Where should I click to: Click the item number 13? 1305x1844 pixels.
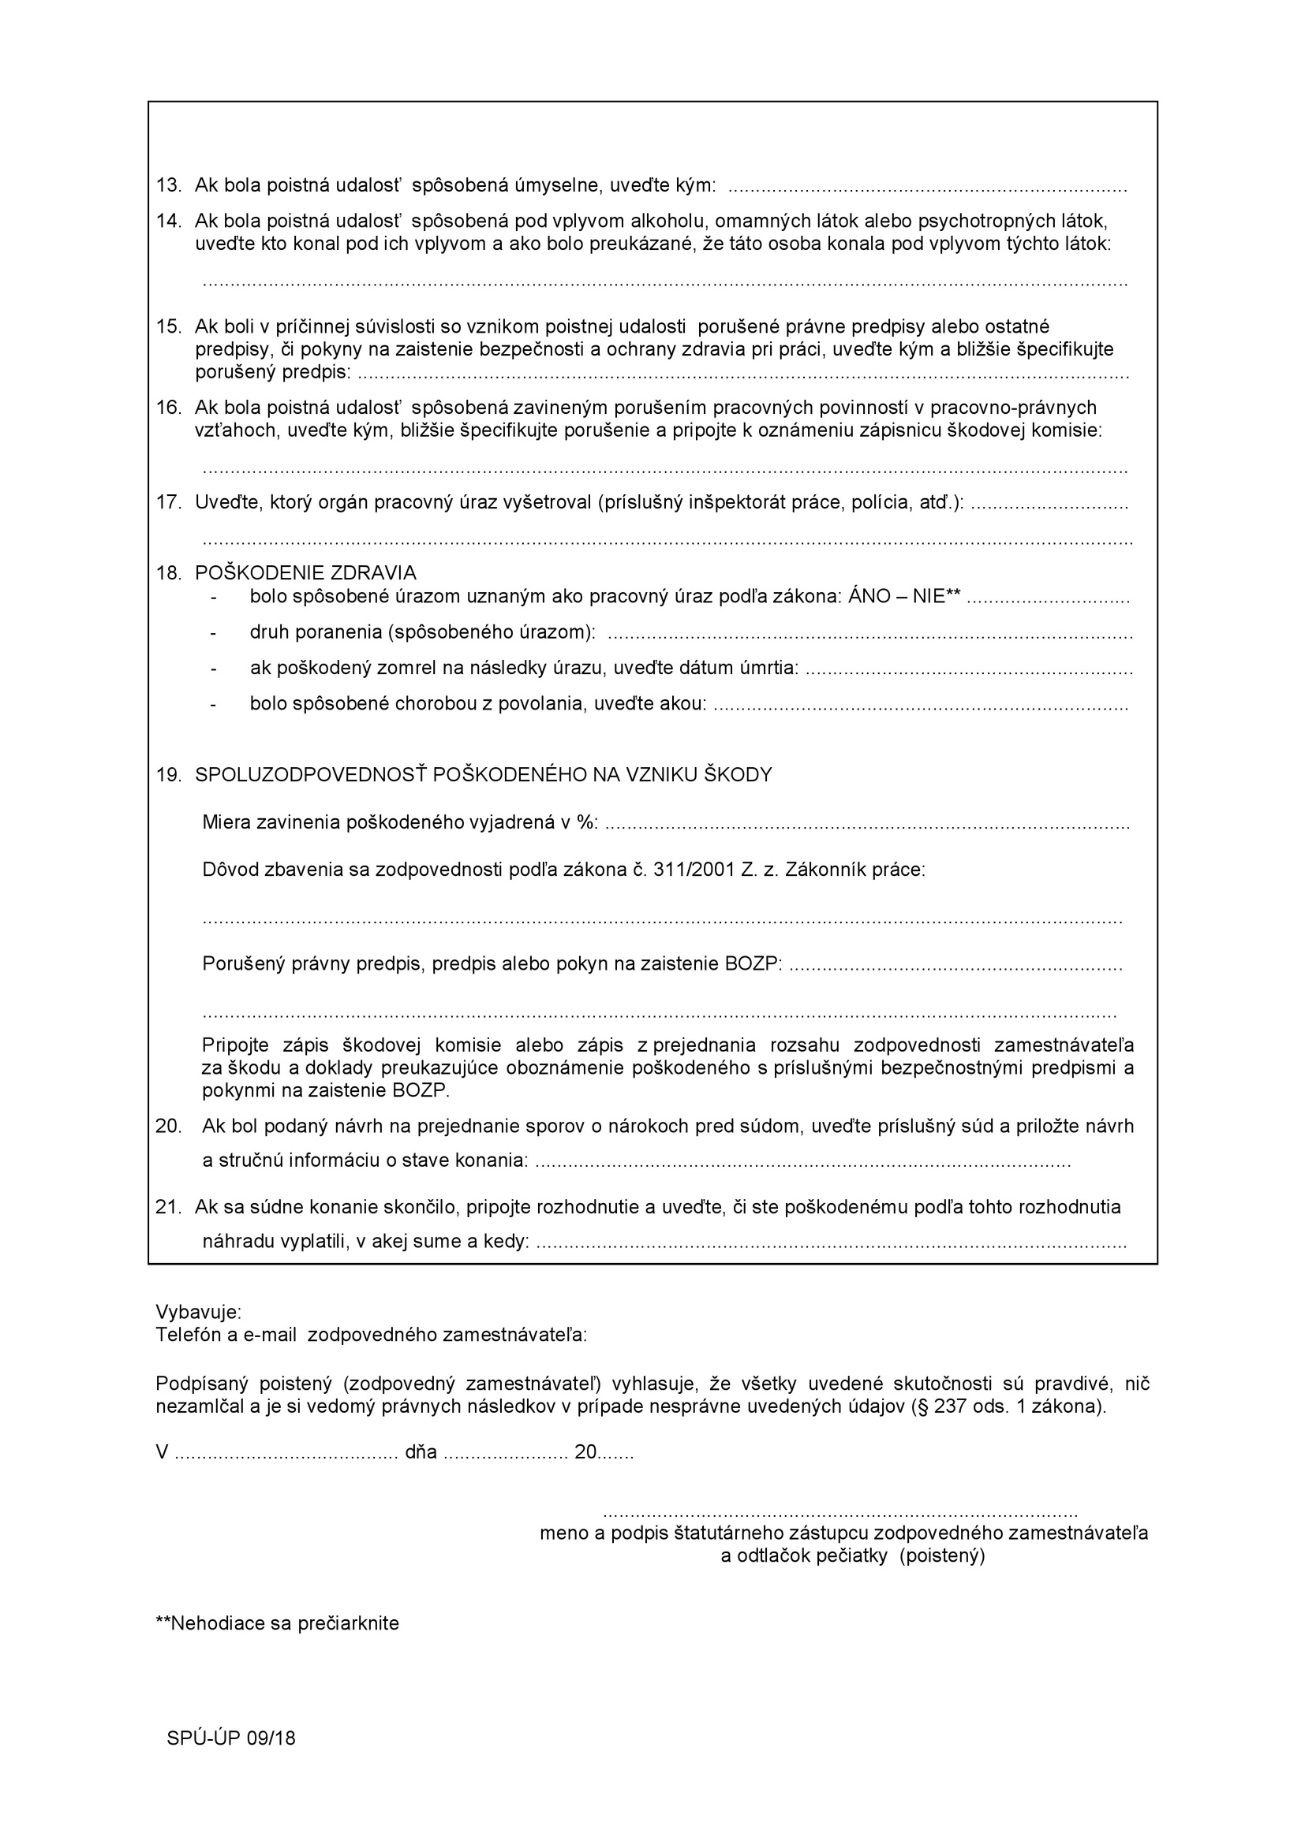[x=169, y=185]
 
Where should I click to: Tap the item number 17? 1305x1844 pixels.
[x=169, y=503]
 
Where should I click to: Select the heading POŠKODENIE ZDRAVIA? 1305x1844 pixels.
[x=305, y=572]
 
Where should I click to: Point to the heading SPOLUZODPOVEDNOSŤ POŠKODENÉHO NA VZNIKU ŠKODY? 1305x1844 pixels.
[x=483, y=774]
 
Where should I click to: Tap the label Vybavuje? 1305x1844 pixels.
[x=199, y=1313]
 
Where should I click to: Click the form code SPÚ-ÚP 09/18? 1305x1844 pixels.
[x=231, y=1739]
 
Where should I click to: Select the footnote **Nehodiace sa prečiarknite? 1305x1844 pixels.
[x=277, y=1623]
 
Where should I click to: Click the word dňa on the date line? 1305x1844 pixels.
[x=421, y=1452]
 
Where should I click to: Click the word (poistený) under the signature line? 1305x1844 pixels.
[x=942, y=1555]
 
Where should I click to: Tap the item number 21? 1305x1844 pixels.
[x=169, y=1207]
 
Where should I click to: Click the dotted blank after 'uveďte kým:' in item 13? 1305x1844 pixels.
[x=927, y=187]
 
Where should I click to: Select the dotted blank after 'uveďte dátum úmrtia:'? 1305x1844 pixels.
[x=968, y=669]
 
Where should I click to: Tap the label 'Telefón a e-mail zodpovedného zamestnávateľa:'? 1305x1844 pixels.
[x=372, y=1335]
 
